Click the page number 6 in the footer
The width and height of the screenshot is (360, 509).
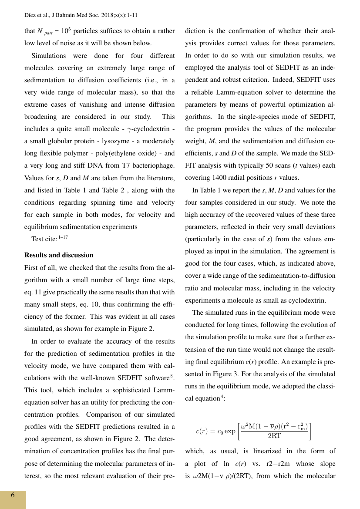(13, 495)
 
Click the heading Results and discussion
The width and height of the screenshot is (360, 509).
(59, 255)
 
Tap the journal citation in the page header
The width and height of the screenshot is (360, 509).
(81, 15)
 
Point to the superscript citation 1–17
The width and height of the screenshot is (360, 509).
(63, 238)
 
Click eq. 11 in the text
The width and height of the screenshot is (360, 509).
(33, 292)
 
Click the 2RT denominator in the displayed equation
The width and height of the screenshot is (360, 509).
(274, 436)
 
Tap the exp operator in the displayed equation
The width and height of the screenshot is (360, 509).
(230, 431)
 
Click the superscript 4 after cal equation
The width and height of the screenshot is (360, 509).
(222, 396)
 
